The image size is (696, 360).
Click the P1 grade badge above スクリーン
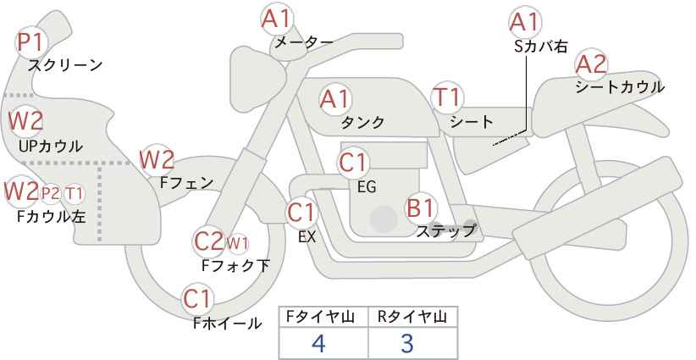tap(31, 40)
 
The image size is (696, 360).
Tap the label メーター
tap(303, 42)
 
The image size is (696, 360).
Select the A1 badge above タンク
tap(334, 98)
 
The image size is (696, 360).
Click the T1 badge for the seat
tap(445, 97)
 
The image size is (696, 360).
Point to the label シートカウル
tap(619, 86)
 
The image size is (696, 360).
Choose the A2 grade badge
tap(590, 64)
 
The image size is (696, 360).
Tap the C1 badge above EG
tap(353, 162)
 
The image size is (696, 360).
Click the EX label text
tap(307, 238)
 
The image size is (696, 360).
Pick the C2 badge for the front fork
tap(207, 241)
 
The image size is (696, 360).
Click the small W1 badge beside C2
tap(237, 244)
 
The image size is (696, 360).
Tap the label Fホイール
tap(227, 323)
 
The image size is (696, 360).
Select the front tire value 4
tap(318, 343)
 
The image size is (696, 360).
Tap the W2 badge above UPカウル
tap(25, 120)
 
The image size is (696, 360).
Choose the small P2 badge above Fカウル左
tap(50, 193)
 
